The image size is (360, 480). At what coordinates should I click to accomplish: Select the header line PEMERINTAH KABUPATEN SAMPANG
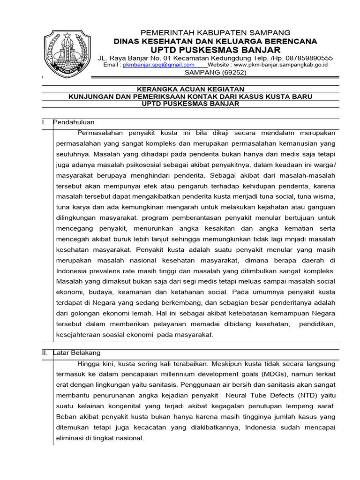216,33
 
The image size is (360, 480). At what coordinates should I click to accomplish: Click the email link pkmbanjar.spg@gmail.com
158,65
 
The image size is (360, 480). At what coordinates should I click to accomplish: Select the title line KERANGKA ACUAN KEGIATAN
190,89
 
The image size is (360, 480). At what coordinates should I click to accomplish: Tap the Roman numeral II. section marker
45,352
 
